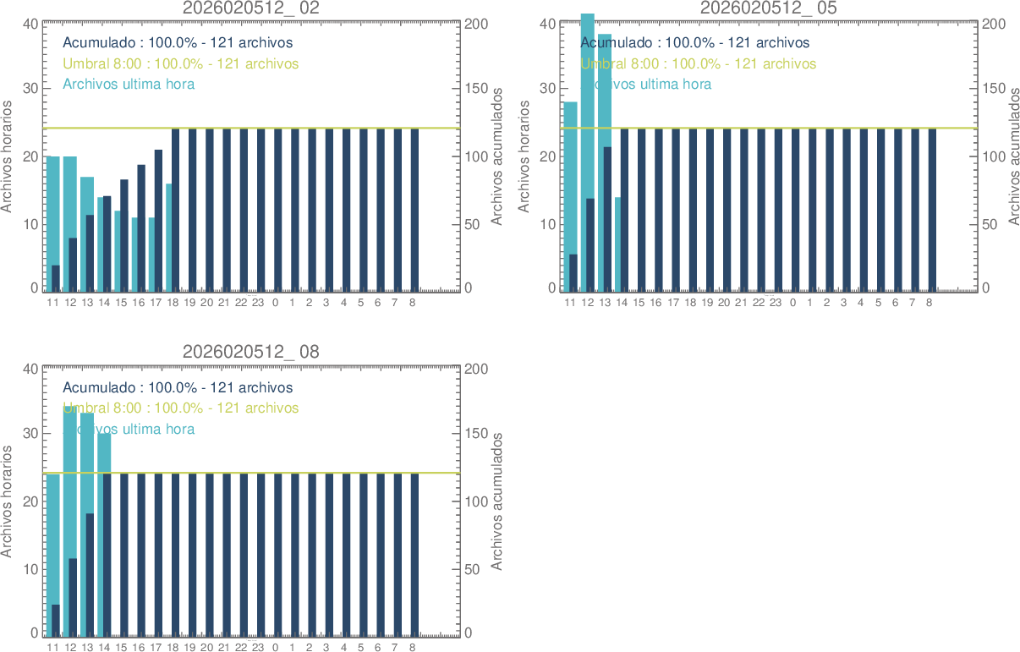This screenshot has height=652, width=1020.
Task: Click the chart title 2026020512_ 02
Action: coord(251,8)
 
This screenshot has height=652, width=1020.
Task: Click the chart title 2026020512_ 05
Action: coord(768,8)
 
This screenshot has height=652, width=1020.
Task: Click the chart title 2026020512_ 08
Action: coord(251,352)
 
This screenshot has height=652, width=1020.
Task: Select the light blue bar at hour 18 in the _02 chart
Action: coord(169,237)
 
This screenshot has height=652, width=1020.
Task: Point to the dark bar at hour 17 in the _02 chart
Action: coord(158,220)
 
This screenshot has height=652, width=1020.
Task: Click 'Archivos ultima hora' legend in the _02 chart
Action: coord(129,84)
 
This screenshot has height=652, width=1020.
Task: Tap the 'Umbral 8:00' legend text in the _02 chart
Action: coord(180,63)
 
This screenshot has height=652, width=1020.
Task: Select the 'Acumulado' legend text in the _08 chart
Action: coord(178,387)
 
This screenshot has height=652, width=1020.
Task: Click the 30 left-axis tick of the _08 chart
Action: coord(29,434)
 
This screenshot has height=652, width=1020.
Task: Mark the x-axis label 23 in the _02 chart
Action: coord(258,302)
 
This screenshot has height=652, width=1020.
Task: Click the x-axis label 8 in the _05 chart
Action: coord(929,302)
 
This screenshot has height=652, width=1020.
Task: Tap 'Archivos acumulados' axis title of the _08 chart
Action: coord(497,501)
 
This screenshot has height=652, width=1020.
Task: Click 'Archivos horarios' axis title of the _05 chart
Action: coord(524,156)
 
